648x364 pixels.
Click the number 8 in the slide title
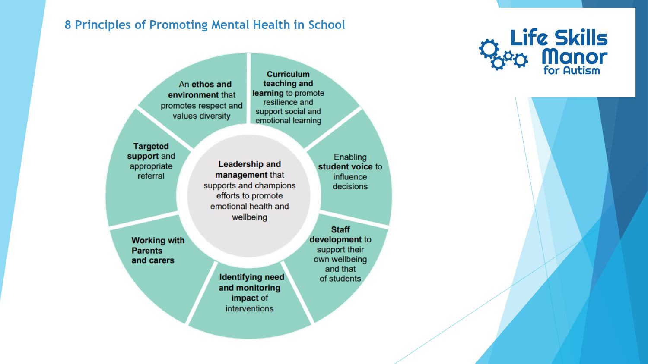point(68,25)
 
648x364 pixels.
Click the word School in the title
point(327,25)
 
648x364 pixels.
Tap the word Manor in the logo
point(575,57)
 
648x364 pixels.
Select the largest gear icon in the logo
point(489,49)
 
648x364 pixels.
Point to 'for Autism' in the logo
point(572,70)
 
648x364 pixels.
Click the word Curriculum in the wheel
point(288,74)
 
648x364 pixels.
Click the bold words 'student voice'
point(346,167)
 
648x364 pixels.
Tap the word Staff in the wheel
point(340,230)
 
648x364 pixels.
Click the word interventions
point(249,308)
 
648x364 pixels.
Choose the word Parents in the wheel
point(147,251)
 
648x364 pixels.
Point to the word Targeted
point(151,147)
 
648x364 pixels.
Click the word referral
point(151,176)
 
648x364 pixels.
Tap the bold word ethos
point(203,85)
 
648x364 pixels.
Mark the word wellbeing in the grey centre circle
point(249,217)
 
